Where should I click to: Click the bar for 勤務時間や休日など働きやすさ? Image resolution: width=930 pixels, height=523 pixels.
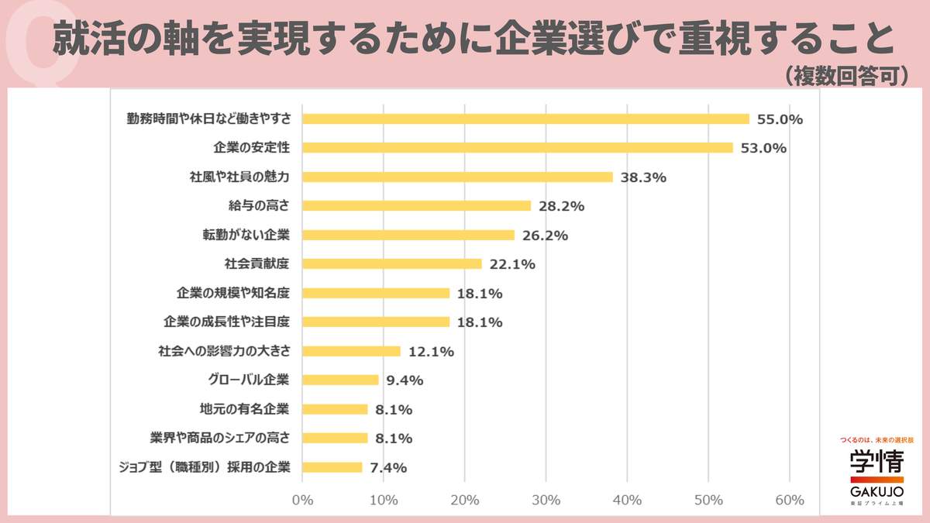point(525,119)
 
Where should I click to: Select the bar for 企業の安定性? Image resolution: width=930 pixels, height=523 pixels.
point(517,147)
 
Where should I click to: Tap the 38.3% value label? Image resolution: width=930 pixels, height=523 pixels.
point(642,177)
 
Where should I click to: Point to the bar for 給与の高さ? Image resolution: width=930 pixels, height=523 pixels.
point(416,206)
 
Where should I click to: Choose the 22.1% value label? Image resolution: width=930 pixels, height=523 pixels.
point(511,264)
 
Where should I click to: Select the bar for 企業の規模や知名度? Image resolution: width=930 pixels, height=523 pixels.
point(376,293)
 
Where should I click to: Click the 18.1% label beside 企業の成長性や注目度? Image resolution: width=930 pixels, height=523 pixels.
point(479,322)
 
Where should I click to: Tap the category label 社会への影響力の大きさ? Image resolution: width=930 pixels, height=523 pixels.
point(224,351)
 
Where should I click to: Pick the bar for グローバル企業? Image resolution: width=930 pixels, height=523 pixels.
point(340,380)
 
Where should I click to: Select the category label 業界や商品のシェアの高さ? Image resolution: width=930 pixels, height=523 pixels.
point(219,438)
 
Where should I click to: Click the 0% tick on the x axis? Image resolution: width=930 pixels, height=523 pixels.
point(302,500)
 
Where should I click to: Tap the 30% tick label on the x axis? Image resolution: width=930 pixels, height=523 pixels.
point(546,500)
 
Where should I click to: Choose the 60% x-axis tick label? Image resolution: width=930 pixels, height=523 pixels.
point(789,500)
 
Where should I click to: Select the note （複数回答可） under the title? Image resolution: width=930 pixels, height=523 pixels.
point(846,75)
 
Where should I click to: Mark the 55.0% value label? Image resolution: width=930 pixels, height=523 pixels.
point(780,119)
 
